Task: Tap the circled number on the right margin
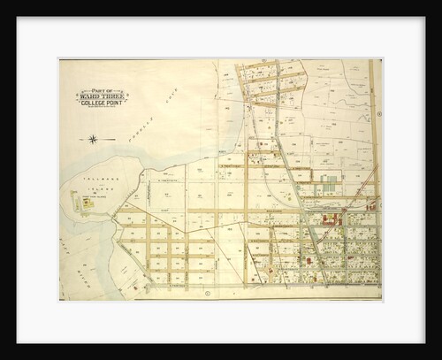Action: (x=377, y=114)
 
